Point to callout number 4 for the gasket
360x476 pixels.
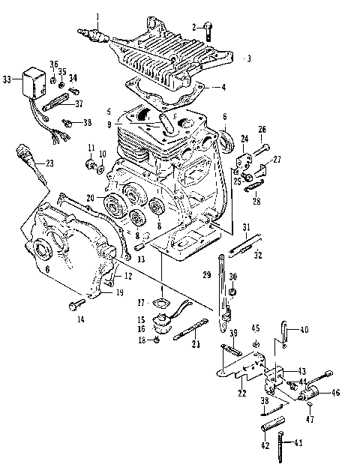point(223,86)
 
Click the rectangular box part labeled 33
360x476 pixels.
point(34,78)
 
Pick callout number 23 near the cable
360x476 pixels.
point(49,163)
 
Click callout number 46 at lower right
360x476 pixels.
point(334,391)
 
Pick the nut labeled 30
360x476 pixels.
point(234,291)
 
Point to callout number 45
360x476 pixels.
point(256,327)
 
